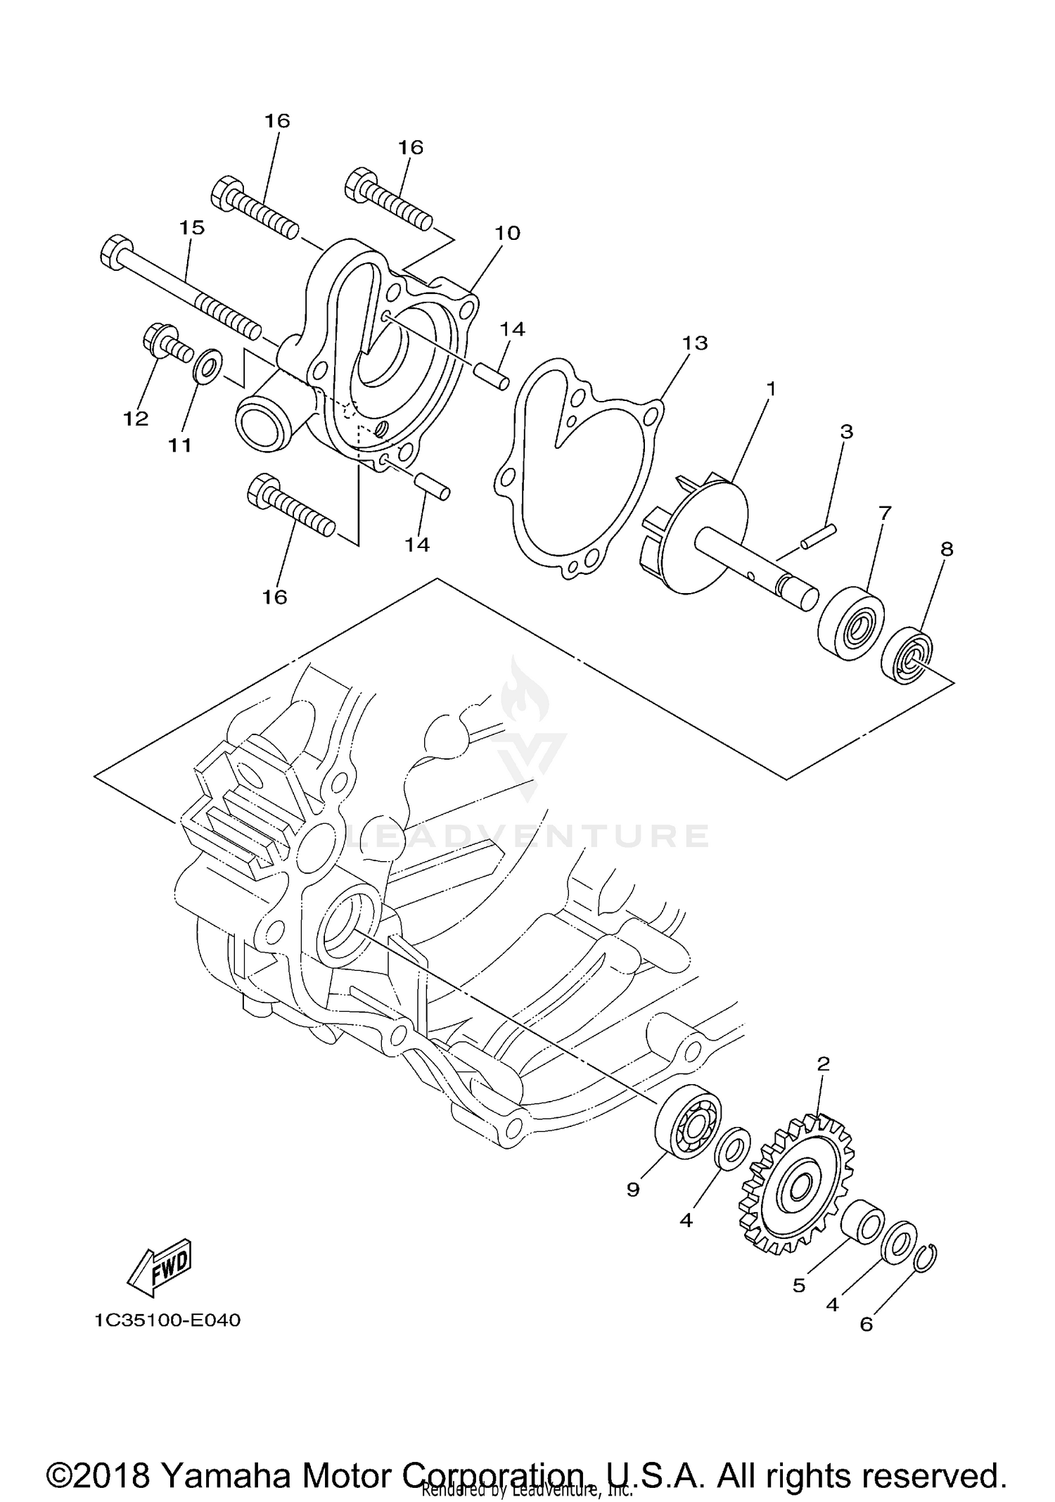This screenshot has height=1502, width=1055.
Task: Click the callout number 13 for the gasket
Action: point(694,343)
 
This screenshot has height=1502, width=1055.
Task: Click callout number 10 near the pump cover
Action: point(507,233)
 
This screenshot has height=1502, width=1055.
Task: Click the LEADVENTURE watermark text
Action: point(527,836)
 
